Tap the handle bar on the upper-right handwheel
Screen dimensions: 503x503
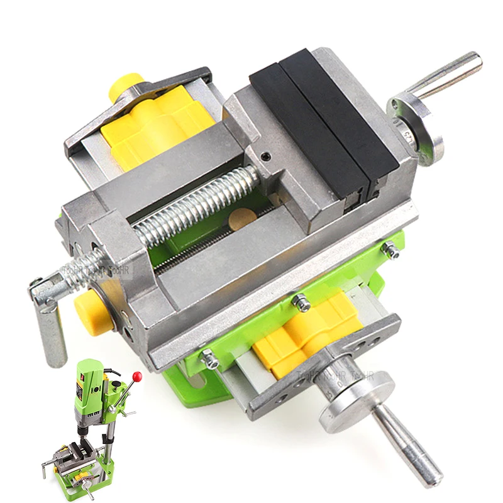click(448, 74)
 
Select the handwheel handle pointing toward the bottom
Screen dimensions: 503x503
click(408, 447)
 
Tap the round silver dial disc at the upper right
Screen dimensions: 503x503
click(416, 130)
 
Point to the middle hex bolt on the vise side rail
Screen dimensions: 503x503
click(301, 301)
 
